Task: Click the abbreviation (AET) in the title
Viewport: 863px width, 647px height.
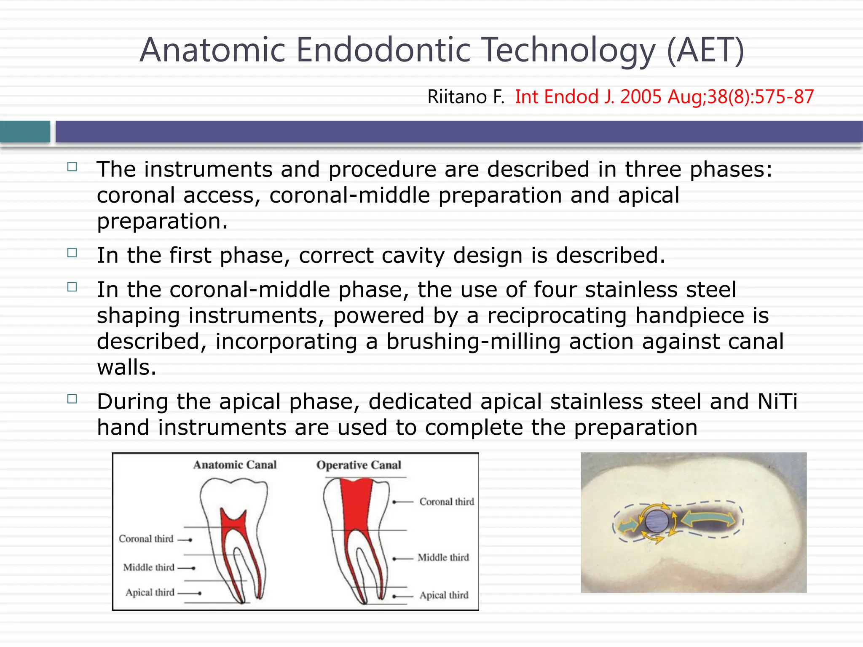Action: click(705, 51)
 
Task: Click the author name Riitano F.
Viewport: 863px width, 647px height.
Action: click(466, 97)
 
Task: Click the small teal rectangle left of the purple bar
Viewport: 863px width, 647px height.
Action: click(25, 131)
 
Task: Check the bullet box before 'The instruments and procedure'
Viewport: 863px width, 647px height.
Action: click(72, 167)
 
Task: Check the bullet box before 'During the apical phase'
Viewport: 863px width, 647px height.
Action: click(72, 399)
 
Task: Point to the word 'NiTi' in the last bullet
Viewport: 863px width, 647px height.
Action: click(777, 401)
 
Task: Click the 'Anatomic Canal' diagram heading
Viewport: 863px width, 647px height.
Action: click(235, 465)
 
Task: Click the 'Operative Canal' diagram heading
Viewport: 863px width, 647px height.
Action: click(359, 465)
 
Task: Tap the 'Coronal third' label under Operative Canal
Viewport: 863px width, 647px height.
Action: click(447, 502)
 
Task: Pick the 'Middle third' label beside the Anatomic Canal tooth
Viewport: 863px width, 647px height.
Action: click(148, 567)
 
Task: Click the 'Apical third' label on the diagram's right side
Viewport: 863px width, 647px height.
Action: click(444, 595)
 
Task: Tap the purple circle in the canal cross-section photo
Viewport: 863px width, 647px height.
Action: click(657, 521)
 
